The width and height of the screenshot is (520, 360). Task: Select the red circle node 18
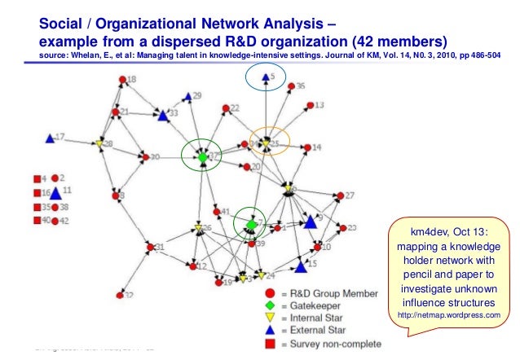point(122,80)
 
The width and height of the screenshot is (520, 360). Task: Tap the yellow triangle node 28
point(99,144)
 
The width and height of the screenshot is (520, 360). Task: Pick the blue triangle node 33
point(163,116)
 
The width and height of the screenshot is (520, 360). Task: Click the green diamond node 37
point(202,155)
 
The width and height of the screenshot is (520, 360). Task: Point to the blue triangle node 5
point(265,78)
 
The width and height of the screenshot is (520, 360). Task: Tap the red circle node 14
point(306,147)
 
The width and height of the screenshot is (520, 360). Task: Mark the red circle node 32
point(121,293)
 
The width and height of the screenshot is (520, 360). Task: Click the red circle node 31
point(150,247)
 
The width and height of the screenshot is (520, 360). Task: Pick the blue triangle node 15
point(301,266)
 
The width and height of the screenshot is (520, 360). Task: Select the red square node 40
point(37,221)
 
